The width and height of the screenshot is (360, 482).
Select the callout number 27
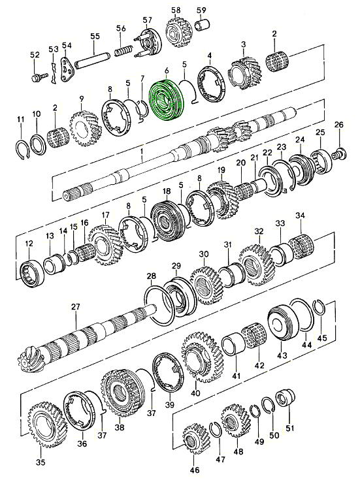click(75, 306)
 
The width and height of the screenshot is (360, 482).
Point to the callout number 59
click(201, 10)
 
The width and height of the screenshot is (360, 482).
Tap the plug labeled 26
click(338, 154)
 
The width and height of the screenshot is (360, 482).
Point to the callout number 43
click(282, 355)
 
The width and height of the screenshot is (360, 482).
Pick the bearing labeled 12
click(30, 269)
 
